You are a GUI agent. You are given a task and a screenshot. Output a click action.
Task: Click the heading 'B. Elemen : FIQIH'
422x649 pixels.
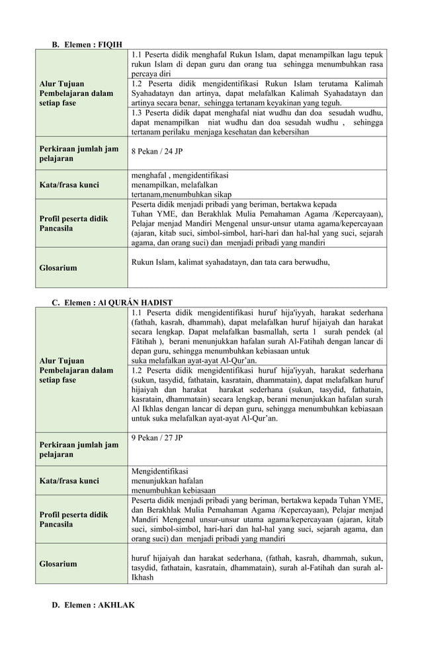87,44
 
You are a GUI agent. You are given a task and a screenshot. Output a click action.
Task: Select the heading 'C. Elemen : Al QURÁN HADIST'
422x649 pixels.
112,303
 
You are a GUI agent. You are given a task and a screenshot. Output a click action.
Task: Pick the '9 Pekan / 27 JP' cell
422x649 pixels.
157,438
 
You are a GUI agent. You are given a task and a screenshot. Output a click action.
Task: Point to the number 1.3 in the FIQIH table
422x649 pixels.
138,113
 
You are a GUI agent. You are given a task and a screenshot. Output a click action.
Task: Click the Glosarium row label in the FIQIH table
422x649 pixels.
58,268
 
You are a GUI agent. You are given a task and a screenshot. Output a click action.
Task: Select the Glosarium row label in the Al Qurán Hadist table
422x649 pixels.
58,564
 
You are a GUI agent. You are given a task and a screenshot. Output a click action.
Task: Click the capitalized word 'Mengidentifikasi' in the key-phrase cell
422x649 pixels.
159,471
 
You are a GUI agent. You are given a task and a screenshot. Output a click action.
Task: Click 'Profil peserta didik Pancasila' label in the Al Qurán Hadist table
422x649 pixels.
73,519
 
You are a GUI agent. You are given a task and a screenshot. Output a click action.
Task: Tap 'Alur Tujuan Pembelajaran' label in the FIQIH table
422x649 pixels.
75,94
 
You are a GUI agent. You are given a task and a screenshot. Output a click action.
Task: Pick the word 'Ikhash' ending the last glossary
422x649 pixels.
142,577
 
